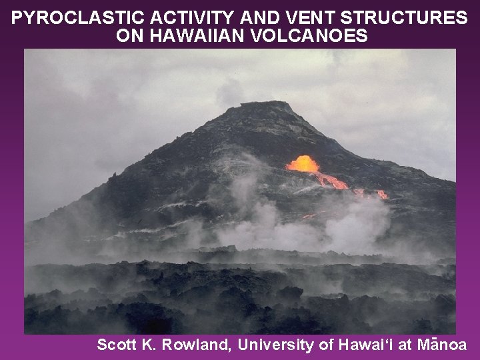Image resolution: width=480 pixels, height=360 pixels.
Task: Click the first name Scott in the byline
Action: (x=115, y=345)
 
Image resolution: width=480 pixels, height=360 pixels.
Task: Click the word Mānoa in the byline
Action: (x=442, y=345)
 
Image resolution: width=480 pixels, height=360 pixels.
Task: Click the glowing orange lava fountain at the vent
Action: (x=303, y=163)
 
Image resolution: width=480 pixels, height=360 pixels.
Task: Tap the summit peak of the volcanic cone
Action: (x=270, y=105)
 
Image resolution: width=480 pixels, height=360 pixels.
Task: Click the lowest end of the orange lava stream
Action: (x=381, y=195)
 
